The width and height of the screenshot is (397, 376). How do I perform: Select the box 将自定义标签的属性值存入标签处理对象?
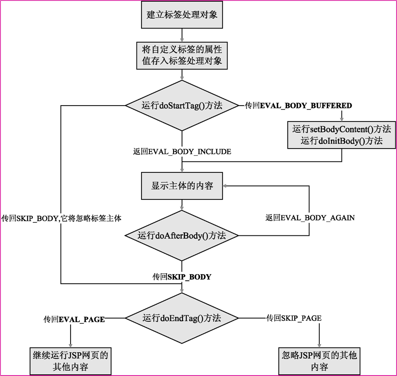tap(182, 56)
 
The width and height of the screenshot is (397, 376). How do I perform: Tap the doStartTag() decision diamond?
tap(182, 106)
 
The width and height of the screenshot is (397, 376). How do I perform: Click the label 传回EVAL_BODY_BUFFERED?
tap(298, 106)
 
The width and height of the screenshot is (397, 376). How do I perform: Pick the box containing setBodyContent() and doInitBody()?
tap(341, 135)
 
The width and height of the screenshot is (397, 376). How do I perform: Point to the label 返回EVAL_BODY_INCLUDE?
tap(182, 152)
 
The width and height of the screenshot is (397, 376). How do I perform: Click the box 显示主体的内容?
tap(182, 186)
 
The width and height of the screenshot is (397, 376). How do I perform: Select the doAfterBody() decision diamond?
tap(182, 236)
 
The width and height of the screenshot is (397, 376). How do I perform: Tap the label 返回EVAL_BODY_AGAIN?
tap(310, 218)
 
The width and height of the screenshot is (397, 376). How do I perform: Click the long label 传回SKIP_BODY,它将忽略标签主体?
tap(61, 218)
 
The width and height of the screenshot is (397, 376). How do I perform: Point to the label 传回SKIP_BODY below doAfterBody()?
tap(182, 277)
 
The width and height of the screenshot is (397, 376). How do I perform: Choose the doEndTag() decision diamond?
tap(182, 318)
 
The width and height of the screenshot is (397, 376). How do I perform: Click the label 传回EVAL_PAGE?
tap(74, 319)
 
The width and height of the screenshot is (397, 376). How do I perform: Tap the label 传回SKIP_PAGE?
tap(294, 318)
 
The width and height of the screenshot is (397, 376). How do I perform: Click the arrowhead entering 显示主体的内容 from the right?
tap(225, 186)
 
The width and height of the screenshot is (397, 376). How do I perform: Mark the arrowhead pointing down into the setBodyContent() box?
tap(341, 119)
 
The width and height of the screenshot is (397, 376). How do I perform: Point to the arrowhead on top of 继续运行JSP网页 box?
tap(71, 345)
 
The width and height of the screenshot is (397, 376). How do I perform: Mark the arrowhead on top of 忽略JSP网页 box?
tap(319, 345)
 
